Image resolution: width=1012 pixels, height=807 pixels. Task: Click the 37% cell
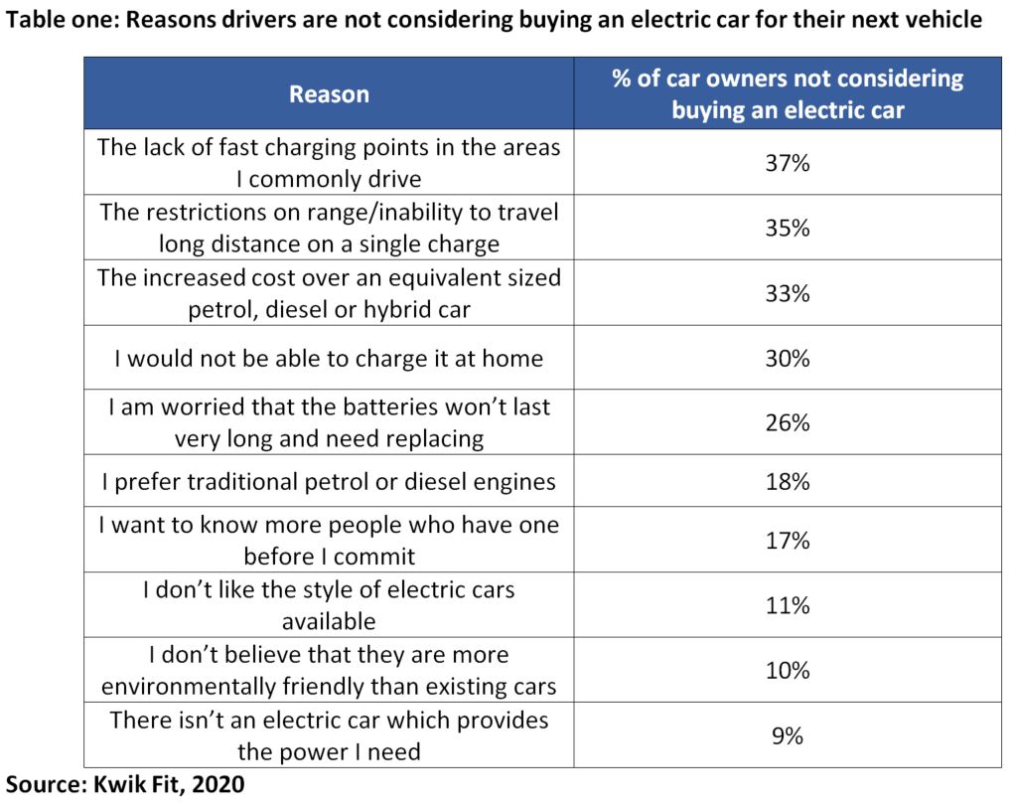(x=788, y=163)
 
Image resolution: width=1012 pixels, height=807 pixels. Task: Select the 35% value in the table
(x=788, y=228)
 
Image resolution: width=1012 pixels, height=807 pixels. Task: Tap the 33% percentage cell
(x=788, y=293)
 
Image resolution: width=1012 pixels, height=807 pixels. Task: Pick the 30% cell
(x=788, y=358)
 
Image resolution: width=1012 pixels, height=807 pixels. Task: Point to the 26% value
(x=788, y=422)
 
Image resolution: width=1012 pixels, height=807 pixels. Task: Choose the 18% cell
(x=788, y=482)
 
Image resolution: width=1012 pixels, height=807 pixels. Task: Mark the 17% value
(x=788, y=541)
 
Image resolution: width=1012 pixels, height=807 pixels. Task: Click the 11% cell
(x=788, y=605)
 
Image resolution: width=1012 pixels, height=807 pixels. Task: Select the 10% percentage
(x=788, y=670)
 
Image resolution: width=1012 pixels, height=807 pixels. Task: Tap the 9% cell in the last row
(x=788, y=735)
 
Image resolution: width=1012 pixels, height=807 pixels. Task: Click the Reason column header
(x=329, y=94)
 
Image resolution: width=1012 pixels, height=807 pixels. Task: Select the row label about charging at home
(x=329, y=358)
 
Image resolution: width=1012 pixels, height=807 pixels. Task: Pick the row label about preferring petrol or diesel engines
(x=329, y=482)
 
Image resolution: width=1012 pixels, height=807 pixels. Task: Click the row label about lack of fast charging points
(x=329, y=163)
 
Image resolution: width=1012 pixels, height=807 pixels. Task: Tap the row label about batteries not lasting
(x=329, y=422)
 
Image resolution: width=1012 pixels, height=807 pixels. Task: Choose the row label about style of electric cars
(x=329, y=605)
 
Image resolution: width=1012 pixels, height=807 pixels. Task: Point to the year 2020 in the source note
(x=217, y=784)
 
